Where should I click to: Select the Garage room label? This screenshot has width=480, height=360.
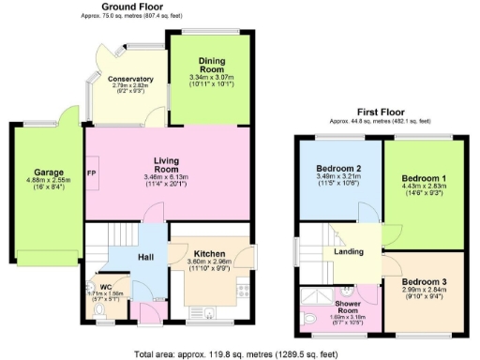pyautogui.click(x=49, y=172)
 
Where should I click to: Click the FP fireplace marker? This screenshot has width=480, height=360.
pyautogui.click(x=92, y=174)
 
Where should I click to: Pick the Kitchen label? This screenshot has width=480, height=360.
pyautogui.click(x=209, y=253)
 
